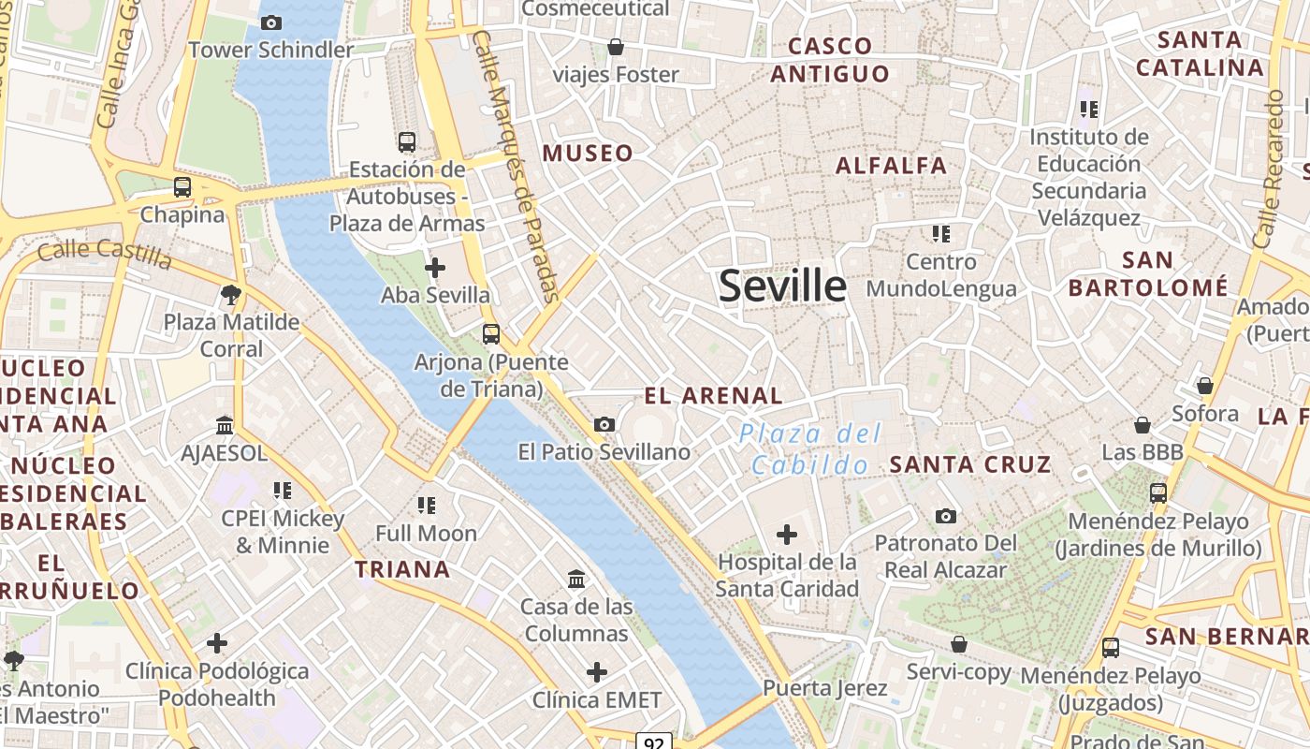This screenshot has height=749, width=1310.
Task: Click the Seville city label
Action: point(782,286)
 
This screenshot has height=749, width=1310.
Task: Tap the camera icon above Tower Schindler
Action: point(271,22)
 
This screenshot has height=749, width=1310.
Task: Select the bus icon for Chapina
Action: point(182,187)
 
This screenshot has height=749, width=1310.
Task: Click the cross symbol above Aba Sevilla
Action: point(435,268)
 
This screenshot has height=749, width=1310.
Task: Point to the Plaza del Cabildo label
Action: point(810,448)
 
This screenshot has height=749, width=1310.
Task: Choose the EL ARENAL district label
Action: point(713,395)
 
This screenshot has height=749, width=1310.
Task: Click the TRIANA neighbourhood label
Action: point(402,568)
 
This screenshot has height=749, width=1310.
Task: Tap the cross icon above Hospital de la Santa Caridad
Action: point(787,535)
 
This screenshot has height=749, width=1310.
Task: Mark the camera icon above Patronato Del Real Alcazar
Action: point(946,516)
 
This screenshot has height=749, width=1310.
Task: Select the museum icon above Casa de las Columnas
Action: point(576,580)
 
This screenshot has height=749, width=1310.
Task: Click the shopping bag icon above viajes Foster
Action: point(616,47)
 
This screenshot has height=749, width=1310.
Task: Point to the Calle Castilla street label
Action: point(105,253)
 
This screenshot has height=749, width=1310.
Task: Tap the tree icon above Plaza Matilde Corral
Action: point(230,296)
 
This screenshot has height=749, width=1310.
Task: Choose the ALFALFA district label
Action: point(891,166)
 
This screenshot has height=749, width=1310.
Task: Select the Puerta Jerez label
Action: point(824,688)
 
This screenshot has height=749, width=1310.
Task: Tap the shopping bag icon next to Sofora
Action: point(1205,386)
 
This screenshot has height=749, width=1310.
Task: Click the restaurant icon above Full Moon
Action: point(427,506)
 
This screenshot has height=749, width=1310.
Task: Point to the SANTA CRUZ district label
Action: point(969,463)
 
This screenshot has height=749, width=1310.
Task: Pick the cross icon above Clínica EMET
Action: point(597,672)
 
